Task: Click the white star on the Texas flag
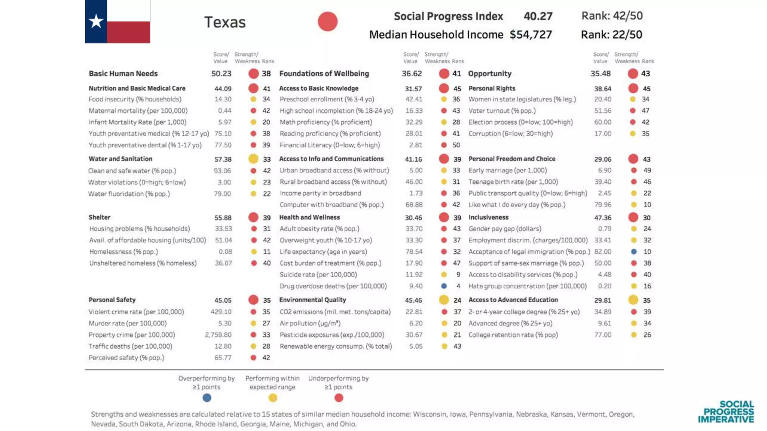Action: [x=96, y=21]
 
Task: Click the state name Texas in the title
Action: [x=225, y=22]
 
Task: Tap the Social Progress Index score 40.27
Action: [x=538, y=16]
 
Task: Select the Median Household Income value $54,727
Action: [x=530, y=35]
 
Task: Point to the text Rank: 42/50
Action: [x=612, y=16]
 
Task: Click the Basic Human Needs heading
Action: [x=123, y=74]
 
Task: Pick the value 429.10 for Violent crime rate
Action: [x=221, y=312]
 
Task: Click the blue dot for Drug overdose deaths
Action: [x=444, y=286]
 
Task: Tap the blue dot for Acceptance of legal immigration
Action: [x=634, y=251]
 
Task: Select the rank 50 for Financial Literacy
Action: [x=456, y=145]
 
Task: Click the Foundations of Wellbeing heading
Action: [x=324, y=74]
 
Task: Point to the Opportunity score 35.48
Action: [x=600, y=74]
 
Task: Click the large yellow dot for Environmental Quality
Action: [x=444, y=300]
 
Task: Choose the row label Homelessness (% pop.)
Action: [x=124, y=251]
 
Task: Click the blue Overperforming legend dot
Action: [x=207, y=398]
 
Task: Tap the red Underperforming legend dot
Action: [x=339, y=398]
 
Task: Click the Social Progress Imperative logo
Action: [x=726, y=412]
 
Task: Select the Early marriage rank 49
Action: [x=647, y=170]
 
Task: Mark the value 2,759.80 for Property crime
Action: [x=218, y=335]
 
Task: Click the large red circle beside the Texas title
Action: [x=328, y=21]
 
